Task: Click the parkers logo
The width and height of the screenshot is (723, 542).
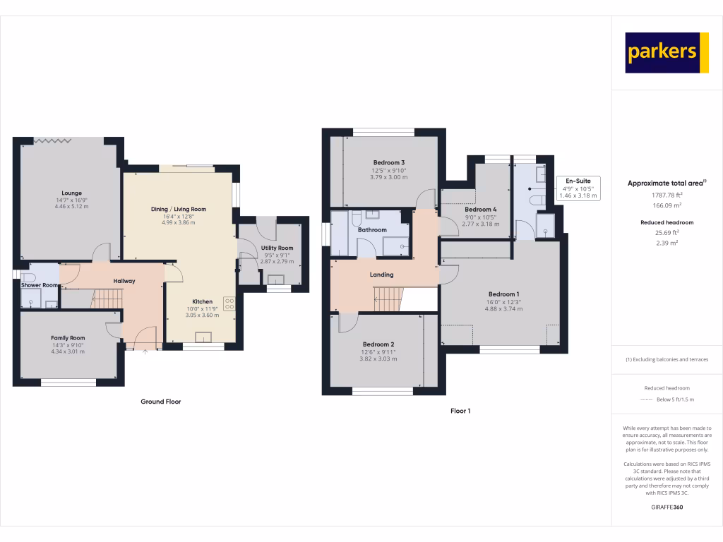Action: tap(667, 52)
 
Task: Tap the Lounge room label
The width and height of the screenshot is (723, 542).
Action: tap(71, 193)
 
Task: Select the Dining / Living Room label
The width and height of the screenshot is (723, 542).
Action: tap(179, 209)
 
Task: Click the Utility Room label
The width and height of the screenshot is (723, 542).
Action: tap(277, 248)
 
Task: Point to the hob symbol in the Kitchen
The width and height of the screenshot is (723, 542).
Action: tap(229, 303)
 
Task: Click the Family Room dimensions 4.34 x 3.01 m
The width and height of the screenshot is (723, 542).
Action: tap(68, 351)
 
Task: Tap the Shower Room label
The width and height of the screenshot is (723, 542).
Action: tap(40, 285)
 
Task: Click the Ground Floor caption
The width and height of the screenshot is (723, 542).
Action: tap(160, 402)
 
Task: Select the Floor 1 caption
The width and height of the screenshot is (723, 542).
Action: tap(460, 411)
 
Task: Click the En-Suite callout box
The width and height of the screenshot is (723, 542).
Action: tap(578, 188)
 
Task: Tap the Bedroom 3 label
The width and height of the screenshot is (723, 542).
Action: tap(388, 163)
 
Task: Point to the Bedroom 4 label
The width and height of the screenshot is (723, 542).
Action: tap(481, 210)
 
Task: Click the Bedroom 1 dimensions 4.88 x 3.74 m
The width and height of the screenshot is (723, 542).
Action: tap(503, 308)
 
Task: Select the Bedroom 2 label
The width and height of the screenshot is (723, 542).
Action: tap(378, 344)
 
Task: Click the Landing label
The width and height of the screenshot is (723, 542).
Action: tap(381, 275)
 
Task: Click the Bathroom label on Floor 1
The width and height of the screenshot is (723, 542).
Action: tap(372, 230)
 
